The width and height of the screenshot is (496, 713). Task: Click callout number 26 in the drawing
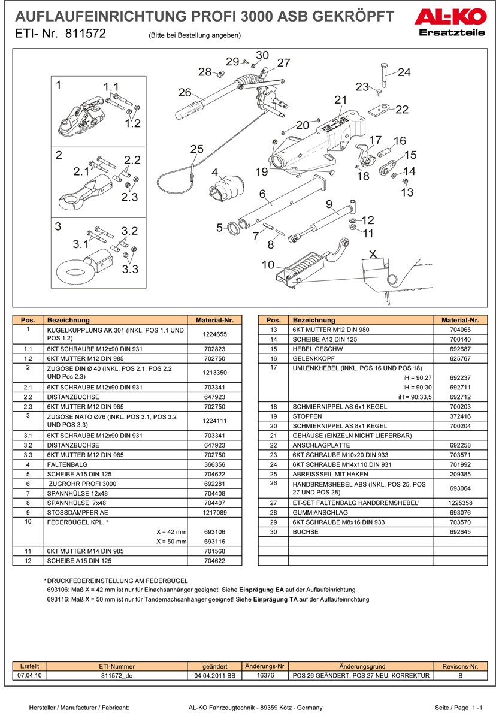pyautogui.click(x=185, y=93)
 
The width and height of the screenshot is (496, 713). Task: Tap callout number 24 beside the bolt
pyautogui.click(x=404, y=72)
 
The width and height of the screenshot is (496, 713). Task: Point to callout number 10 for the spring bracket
pyautogui.click(x=268, y=264)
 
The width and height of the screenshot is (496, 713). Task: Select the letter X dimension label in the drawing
pyautogui.click(x=372, y=253)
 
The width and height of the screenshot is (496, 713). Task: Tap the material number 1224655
pyautogui.click(x=214, y=334)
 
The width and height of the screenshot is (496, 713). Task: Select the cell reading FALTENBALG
pyautogui.click(x=62, y=464)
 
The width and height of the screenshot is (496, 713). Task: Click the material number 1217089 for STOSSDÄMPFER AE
pyautogui.click(x=214, y=513)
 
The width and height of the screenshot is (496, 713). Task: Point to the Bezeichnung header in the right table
pyautogui.click(x=314, y=320)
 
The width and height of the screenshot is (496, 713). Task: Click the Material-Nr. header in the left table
pyautogui.click(x=214, y=320)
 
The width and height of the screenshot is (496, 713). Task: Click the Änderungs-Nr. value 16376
pyautogui.click(x=265, y=675)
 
